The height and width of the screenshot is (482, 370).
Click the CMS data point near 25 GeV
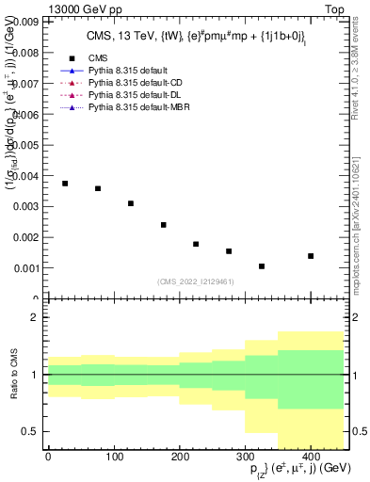coord(65,184)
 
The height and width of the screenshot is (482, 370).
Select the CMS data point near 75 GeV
coord(98,188)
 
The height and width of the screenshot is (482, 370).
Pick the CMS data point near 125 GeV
coord(131,203)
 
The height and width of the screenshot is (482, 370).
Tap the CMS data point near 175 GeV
coord(164,225)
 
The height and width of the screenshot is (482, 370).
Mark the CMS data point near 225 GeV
coord(196,244)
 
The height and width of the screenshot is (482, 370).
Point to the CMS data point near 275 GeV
coord(229,251)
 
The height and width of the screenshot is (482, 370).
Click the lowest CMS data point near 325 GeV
coord(262,266)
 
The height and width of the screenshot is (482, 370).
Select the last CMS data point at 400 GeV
coord(311,256)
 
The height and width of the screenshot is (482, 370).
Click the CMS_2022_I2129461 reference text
coord(196,281)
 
